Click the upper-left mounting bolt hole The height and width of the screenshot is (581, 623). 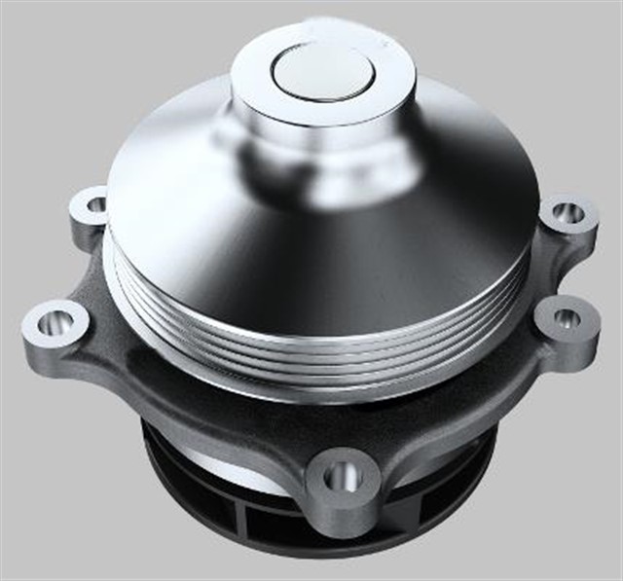coord(96,204)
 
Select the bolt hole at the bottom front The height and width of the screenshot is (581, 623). coord(342,476)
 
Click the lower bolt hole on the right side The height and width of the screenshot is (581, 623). coord(566,318)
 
